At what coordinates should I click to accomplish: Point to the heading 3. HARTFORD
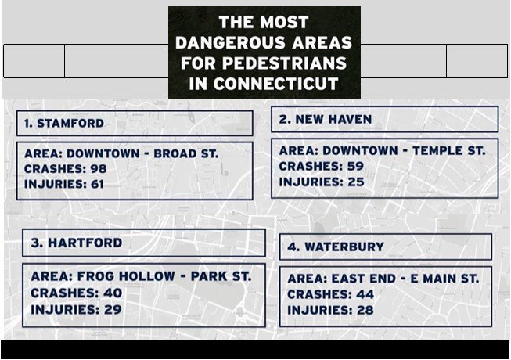pos(77,243)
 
